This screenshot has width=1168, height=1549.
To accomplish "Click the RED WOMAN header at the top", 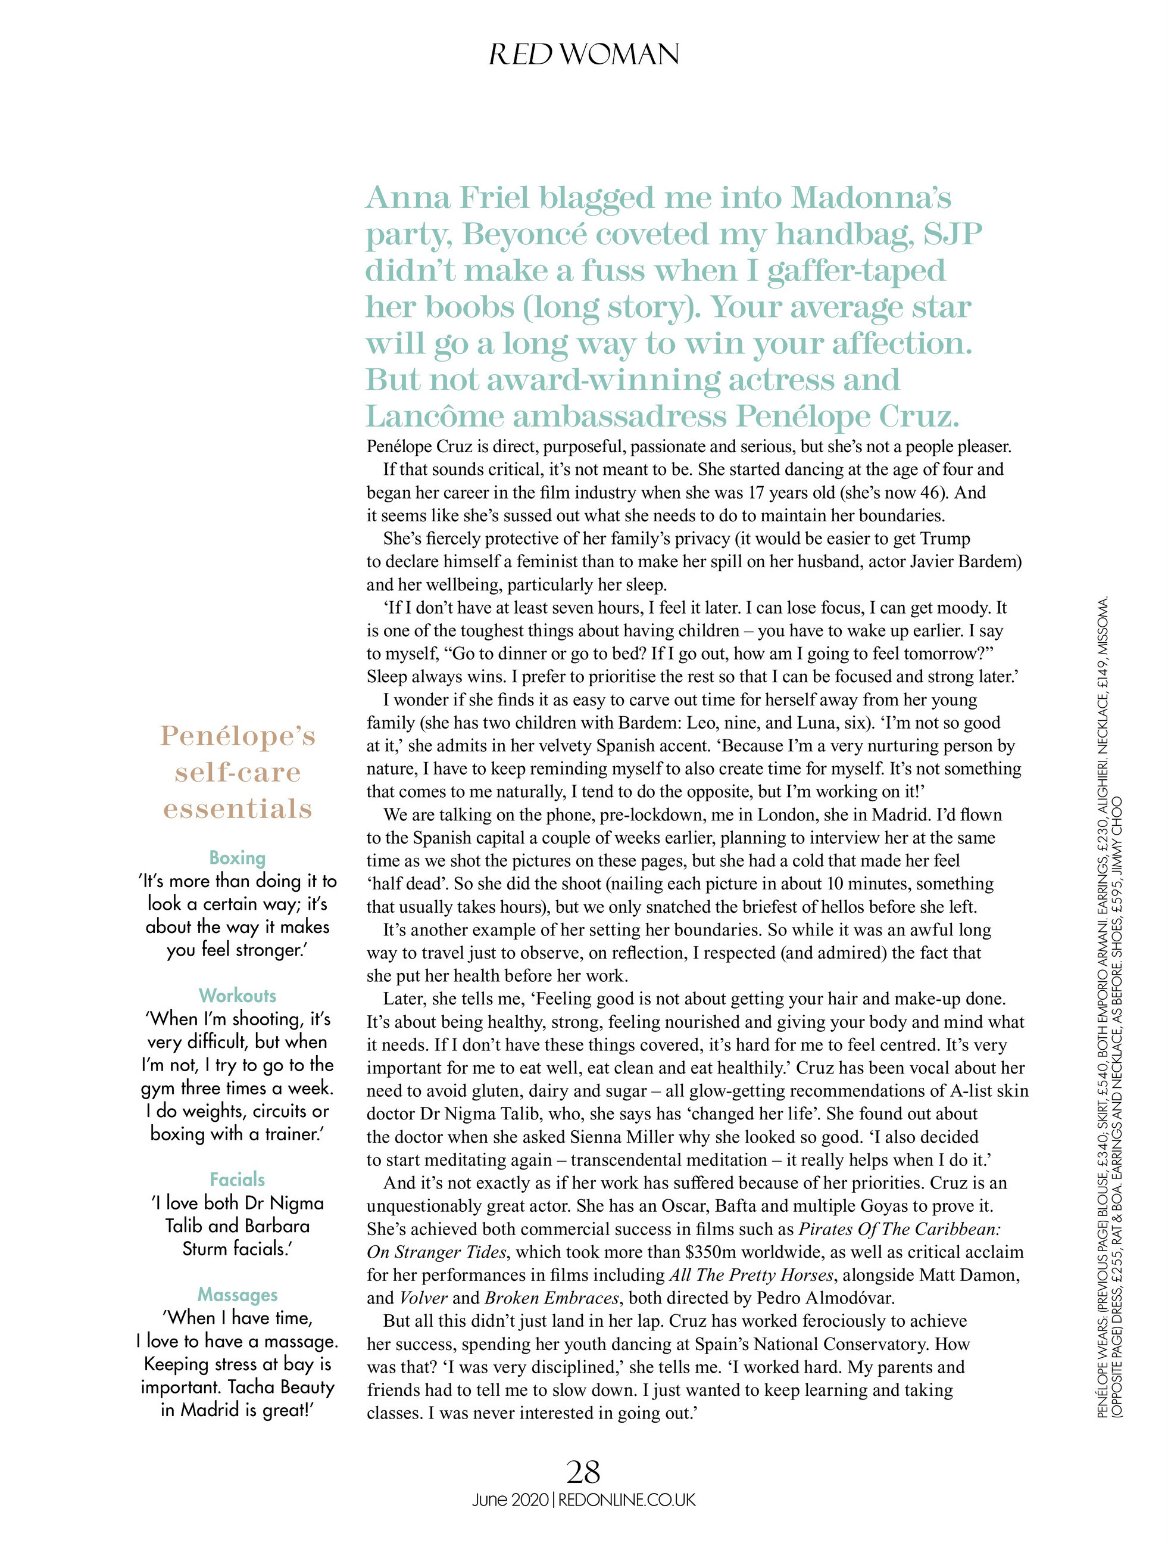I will click(x=583, y=55).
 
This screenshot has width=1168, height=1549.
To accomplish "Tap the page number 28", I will click(x=583, y=1472).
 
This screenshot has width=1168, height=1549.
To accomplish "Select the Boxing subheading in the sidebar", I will click(x=238, y=858).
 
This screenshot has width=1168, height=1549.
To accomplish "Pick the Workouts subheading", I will click(x=238, y=996).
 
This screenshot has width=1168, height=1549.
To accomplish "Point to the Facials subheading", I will click(x=238, y=1179).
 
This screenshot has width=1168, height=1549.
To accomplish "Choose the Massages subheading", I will click(x=238, y=1294).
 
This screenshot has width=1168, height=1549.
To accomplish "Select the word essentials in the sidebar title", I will click(x=238, y=809).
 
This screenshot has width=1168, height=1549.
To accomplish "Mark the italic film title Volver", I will click(x=423, y=1298).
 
